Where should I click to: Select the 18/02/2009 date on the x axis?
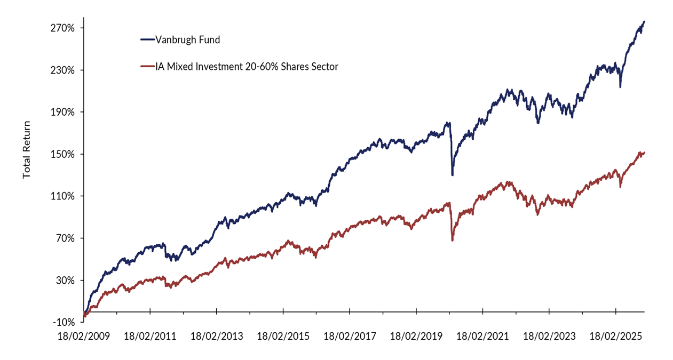point(84,337)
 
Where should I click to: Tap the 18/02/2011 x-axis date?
point(150,337)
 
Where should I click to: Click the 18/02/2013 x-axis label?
point(217,337)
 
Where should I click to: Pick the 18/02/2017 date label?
point(350,337)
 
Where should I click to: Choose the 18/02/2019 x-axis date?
point(416,337)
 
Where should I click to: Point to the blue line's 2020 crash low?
point(453,175)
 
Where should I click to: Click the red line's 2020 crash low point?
point(453,241)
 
